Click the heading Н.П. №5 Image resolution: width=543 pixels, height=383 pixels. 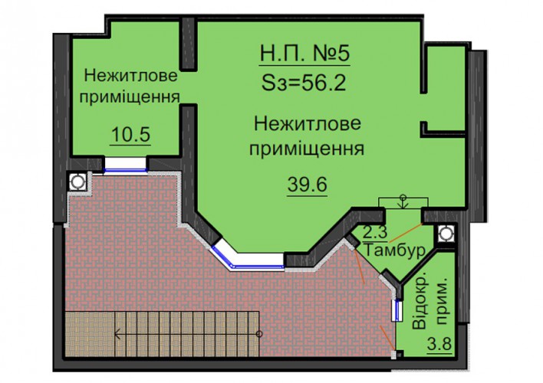(x=304, y=54)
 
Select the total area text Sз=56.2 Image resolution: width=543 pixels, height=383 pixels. (x=304, y=83)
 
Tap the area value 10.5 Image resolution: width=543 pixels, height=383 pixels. (x=130, y=135)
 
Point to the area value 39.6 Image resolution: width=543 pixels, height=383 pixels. (x=308, y=185)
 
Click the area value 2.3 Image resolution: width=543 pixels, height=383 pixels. (x=375, y=231)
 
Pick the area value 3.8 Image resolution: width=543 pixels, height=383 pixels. (x=439, y=344)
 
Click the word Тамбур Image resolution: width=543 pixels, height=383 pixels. (x=395, y=250)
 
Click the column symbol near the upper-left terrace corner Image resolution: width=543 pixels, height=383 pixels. (x=77, y=182)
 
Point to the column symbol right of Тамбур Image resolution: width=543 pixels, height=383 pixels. (x=446, y=234)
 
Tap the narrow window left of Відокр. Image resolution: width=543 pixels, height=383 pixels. (x=397, y=310)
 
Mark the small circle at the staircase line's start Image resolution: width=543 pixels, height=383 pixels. (x=259, y=334)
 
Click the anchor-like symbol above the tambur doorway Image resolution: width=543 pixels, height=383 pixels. (x=403, y=201)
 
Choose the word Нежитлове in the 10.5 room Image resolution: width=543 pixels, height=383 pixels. (x=130, y=76)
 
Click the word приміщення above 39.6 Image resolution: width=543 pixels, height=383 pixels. (x=307, y=149)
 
